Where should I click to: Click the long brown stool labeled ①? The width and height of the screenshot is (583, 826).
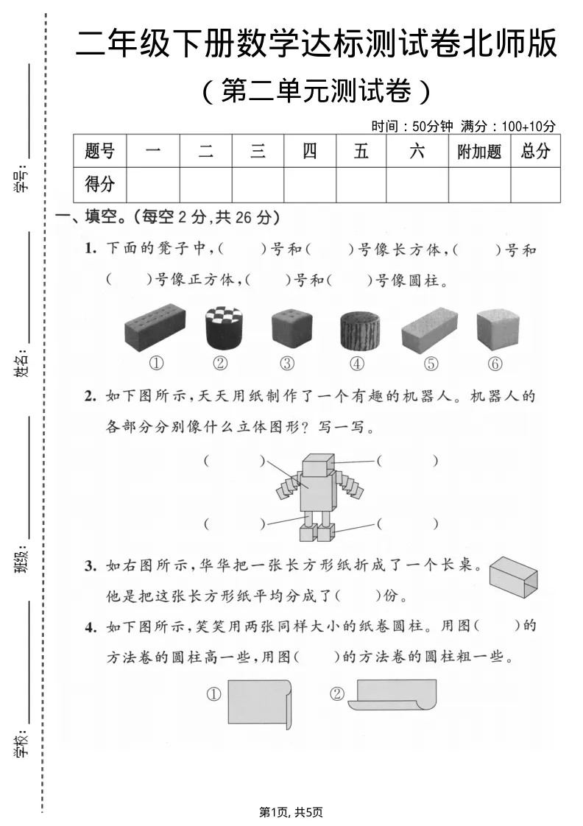[x=155, y=329]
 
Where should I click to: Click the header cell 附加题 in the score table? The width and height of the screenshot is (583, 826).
[x=479, y=152]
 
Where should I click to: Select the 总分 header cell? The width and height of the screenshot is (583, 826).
[x=535, y=152]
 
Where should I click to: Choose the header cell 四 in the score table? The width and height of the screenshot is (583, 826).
[x=310, y=152]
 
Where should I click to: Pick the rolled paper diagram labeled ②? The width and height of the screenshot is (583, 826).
[x=393, y=695]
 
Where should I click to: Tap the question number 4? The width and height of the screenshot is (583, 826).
[x=90, y=627]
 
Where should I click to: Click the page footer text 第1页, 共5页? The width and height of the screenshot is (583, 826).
[x=291, y=811]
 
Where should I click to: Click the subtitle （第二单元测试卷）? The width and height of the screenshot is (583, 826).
[x=316, y=92]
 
